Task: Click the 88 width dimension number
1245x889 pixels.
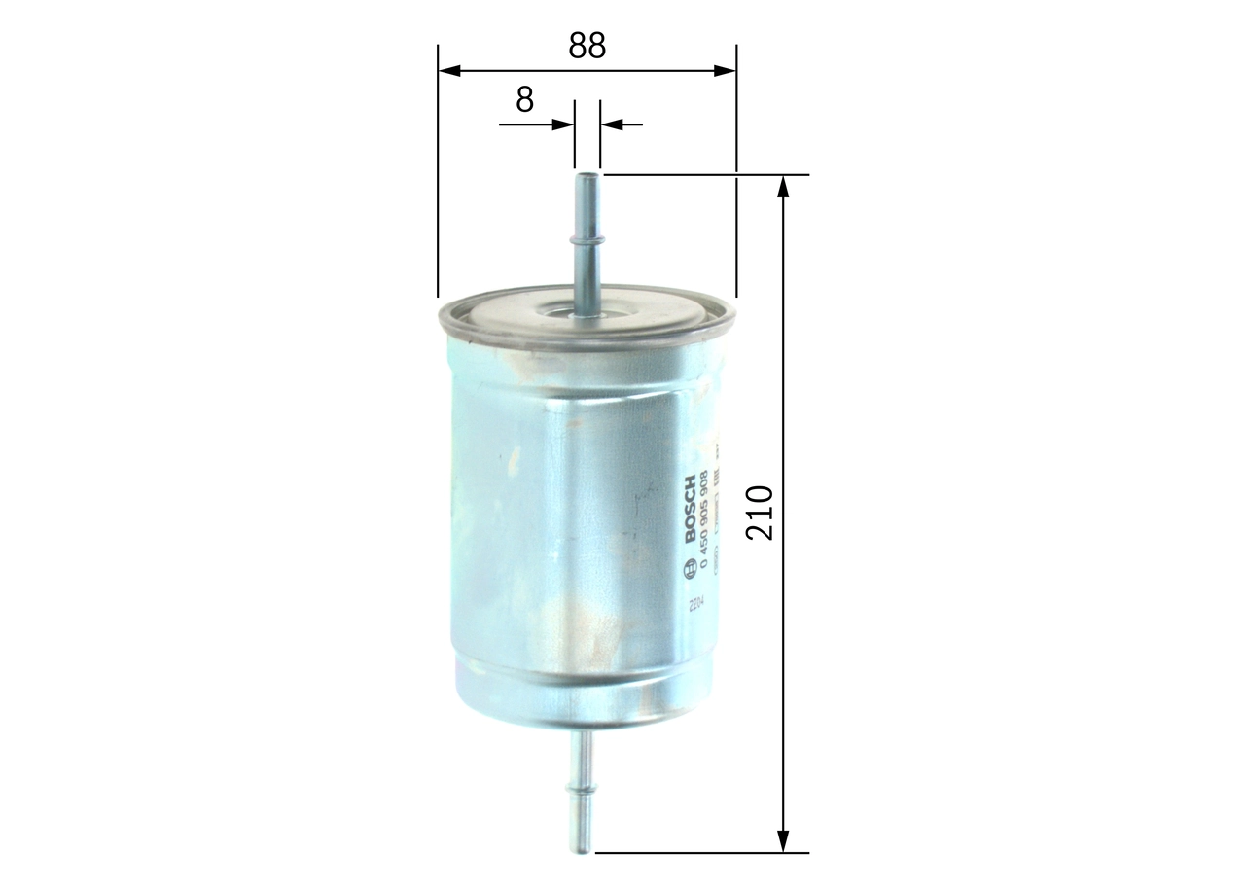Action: click(x=587, y=46)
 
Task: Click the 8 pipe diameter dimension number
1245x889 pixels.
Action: click(x=525, y=99)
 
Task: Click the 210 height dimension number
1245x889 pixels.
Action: click(x=759, y=513)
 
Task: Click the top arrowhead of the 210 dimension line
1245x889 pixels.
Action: click(x=783, y=186)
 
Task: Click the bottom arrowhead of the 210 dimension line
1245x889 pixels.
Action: click(x=783, y=841)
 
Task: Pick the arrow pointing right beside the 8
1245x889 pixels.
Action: click(x=562, y=124)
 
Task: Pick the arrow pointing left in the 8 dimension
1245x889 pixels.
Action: click(x=611, y=124)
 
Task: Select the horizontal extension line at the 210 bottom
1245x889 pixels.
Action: click(x=700, y=853)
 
